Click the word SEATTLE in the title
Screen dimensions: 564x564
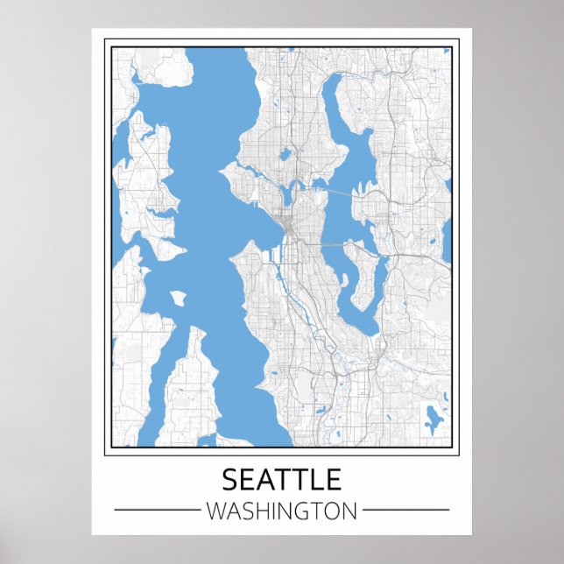click(281, 480)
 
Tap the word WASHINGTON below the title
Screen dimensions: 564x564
click(281, 510)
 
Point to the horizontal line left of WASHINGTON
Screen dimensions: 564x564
click(158, 510)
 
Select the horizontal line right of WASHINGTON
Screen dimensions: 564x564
click(405, 510)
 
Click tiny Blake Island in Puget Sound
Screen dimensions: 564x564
click(178, 299)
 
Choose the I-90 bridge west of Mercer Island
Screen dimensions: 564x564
click(332, 245)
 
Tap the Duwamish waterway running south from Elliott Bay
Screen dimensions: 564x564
click(290, 280)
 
